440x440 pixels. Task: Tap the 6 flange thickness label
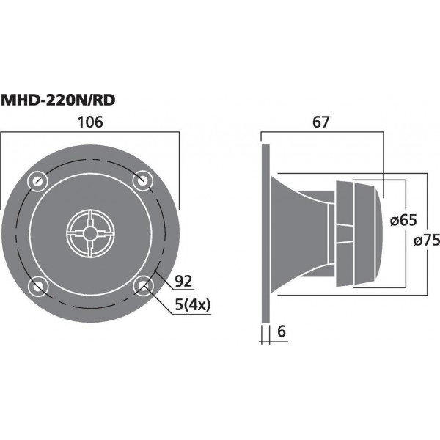pyautogui.click(x=281, y=331)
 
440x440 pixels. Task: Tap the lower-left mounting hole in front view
pyautogui.click(x=37, y=285)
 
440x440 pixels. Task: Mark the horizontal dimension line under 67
pyautogui.click(x=323, y=133)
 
